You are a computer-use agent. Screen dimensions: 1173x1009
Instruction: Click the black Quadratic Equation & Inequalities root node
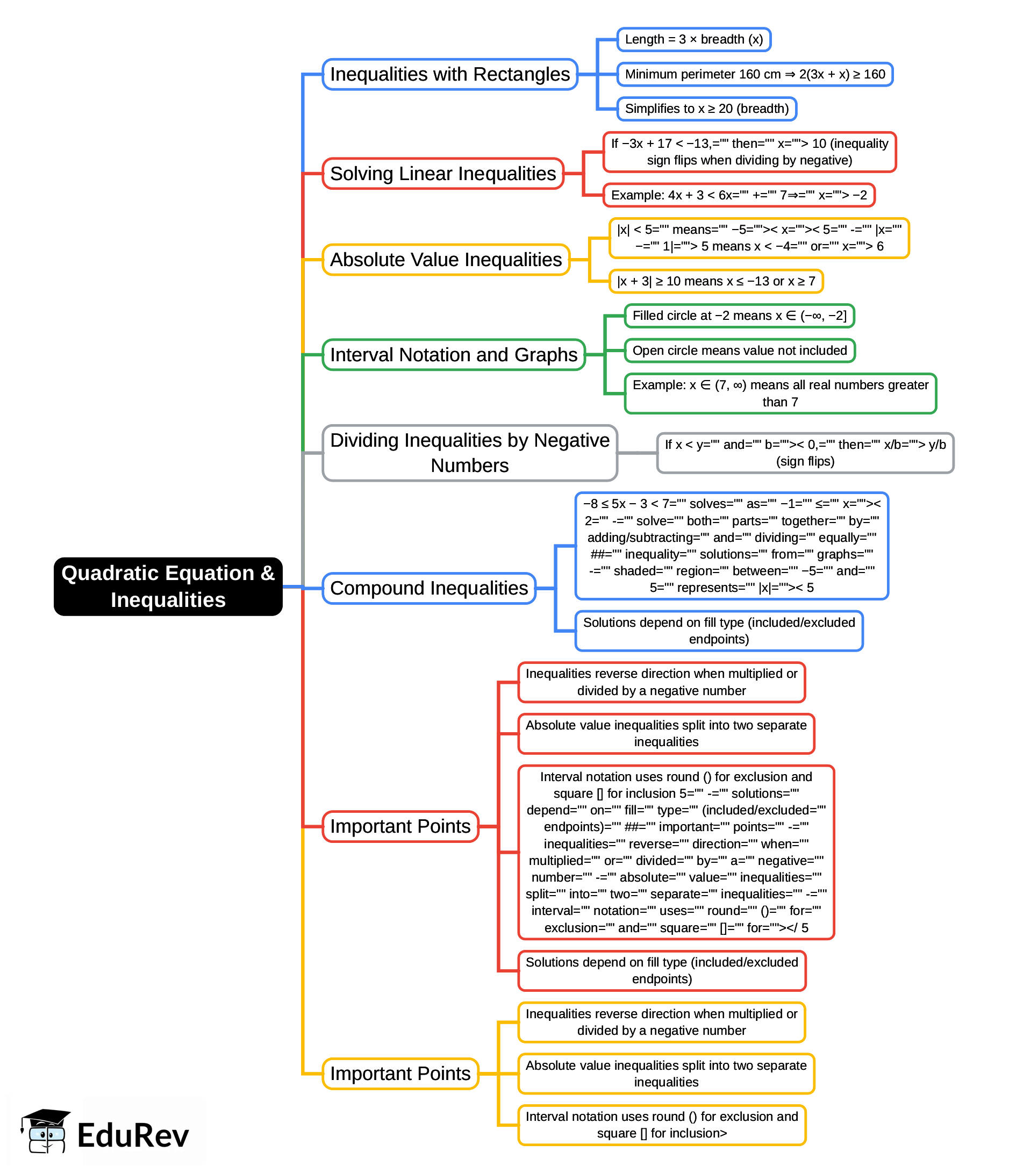tap(168, 586)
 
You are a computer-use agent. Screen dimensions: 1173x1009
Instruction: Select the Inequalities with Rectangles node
tap(449, 74)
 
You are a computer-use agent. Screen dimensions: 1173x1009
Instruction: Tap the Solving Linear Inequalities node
tap(443, 173)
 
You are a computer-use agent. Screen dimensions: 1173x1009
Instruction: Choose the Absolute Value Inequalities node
tap(446, 259)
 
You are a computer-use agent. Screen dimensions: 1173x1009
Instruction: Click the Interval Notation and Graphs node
tap(454, 354)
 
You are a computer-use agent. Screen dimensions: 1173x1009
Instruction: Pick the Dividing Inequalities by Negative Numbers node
tap(469, 452)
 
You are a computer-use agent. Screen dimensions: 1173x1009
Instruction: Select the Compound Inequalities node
tap(428, 588)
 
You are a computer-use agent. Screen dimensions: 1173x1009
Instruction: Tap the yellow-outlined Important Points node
tap(400, 1073)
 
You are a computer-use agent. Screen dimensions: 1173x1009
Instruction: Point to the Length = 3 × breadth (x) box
tap(693, 39)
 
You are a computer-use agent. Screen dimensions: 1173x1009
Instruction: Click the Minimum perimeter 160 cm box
tap(754, 74)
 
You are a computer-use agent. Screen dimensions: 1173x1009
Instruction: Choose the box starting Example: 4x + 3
tap(739, 195)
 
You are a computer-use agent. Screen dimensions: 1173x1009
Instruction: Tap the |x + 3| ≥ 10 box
tap(715, 281)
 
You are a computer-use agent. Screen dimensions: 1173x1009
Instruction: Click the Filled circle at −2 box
tap(739, 316)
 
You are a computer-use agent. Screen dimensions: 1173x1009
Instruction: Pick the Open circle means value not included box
tap(739, 351)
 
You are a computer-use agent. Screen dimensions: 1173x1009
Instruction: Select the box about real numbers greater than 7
tap(779, 393)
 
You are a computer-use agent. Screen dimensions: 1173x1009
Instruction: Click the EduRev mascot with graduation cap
tap(45, 1131)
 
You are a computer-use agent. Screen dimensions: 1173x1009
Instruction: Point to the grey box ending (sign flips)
tap(805, 452)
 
